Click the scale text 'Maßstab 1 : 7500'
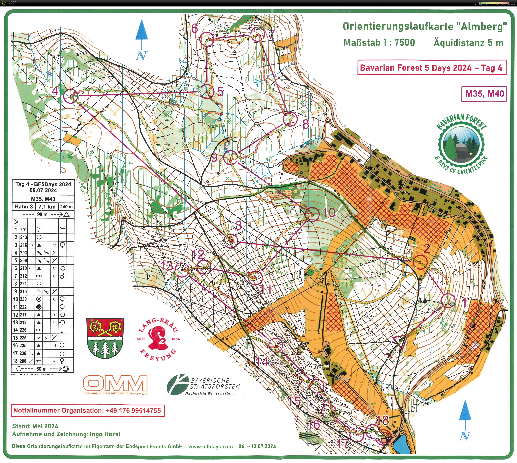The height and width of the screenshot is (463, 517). pyautogui.click(x=379, y=43)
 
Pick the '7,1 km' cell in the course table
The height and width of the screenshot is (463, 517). pyautogui.click(x=47, y=207)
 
